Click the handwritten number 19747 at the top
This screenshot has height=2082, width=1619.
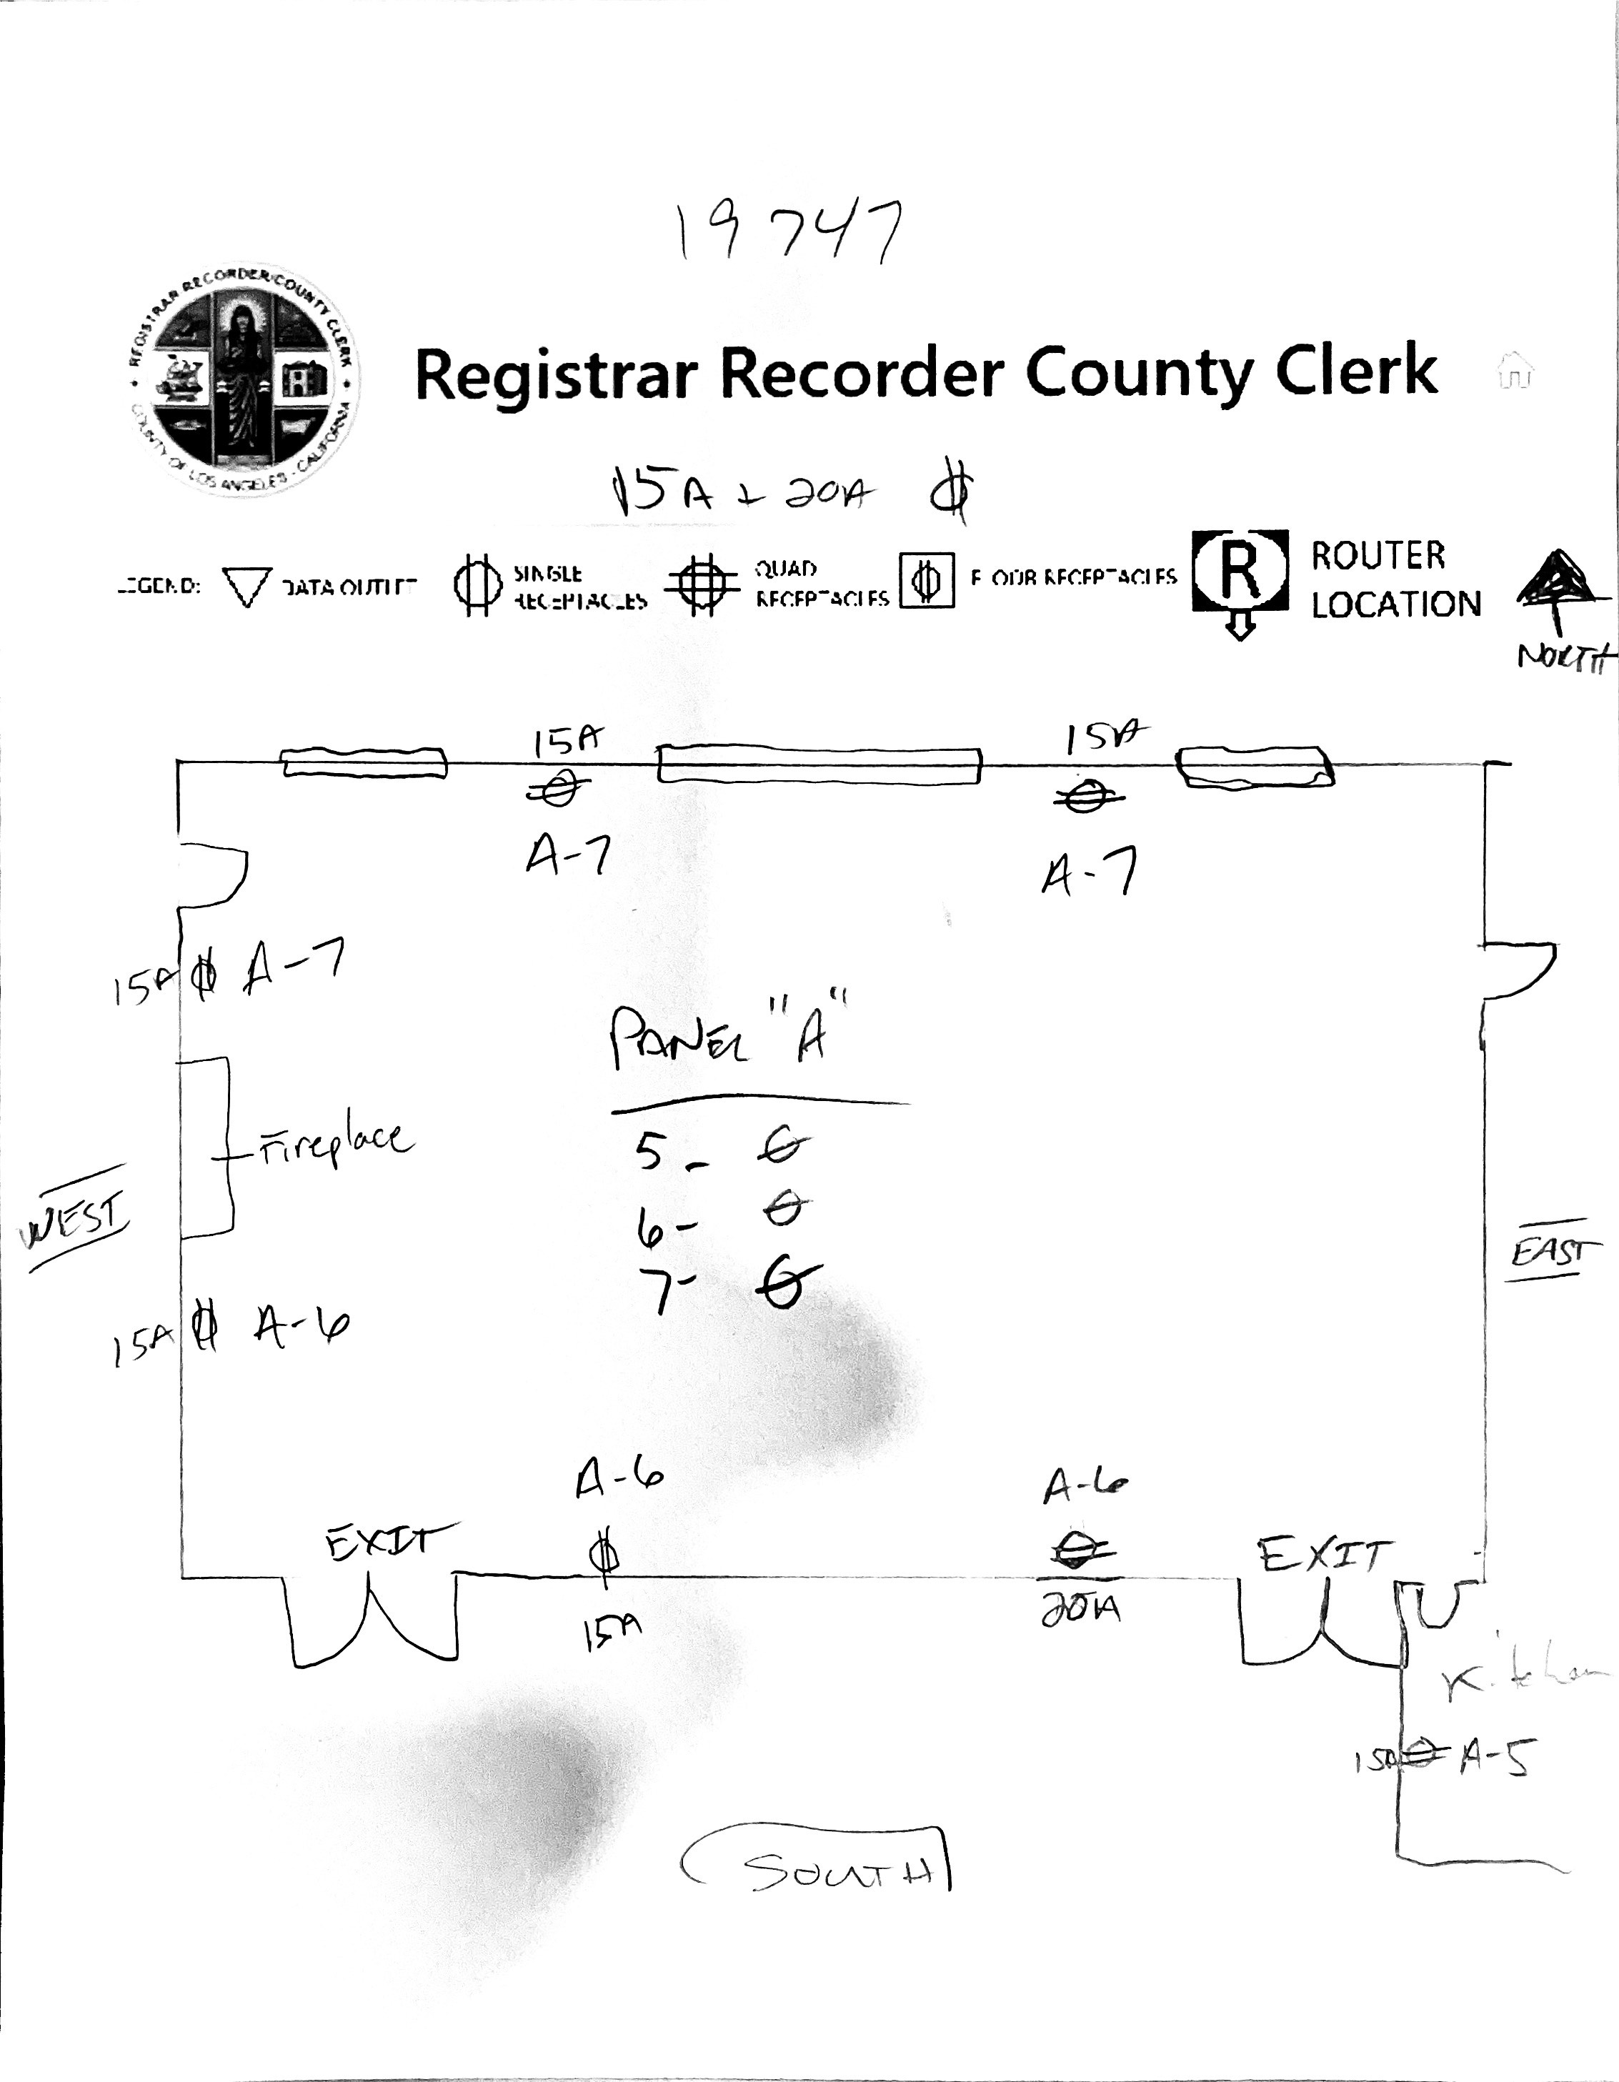[x=787, y=233]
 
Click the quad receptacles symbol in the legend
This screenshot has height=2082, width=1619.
[x=702, y=584]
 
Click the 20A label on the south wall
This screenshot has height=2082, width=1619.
[x=1080, y=1610]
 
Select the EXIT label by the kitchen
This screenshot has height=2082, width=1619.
[x=1320, y=1555]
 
